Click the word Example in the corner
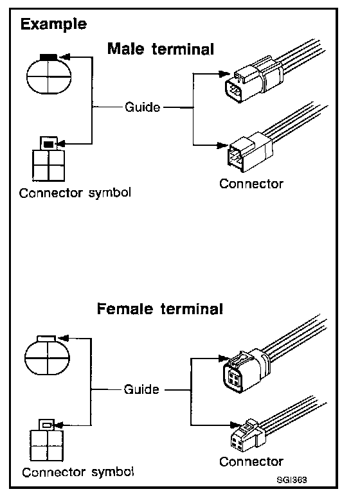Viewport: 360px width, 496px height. pos(53,24)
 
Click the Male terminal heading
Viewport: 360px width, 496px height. pos(161,49)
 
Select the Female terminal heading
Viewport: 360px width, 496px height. pos(160,309)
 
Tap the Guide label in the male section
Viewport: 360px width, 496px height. pos(143,107)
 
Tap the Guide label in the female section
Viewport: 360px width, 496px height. pos(141,389)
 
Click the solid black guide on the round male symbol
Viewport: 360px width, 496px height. pos(48,57)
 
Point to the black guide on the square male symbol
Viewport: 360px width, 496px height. pos(48,145)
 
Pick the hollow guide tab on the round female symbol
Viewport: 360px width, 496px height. pos(46,339)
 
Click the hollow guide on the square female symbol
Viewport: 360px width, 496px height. pos(47,425)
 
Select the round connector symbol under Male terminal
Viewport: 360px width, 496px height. pos(48,75)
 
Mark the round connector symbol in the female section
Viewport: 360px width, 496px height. pos(47,355)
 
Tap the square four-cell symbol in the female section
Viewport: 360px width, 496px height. pos(47,440)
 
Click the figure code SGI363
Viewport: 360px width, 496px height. pos(292,480)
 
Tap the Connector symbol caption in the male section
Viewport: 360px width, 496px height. pos(75,193)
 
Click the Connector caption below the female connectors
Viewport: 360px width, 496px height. pos(251,461)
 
